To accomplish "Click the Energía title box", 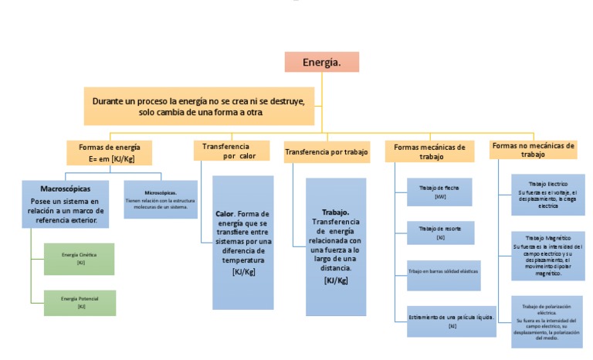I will click(x=321, y=62).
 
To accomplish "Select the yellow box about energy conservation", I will click(x=199, y=107).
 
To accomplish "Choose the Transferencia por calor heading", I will click(x=230, y=151).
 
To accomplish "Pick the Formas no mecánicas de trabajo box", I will click(x=533, y=150).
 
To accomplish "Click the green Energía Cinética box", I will click(x=80, y=259).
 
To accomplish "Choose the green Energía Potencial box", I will click(x=80, y=303).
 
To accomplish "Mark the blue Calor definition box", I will click(x=242, y=243).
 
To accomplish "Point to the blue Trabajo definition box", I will click(x=335, y=246).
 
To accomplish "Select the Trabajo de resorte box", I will click(x=440, y=233).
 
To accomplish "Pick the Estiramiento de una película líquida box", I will click(x=452, y=321).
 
